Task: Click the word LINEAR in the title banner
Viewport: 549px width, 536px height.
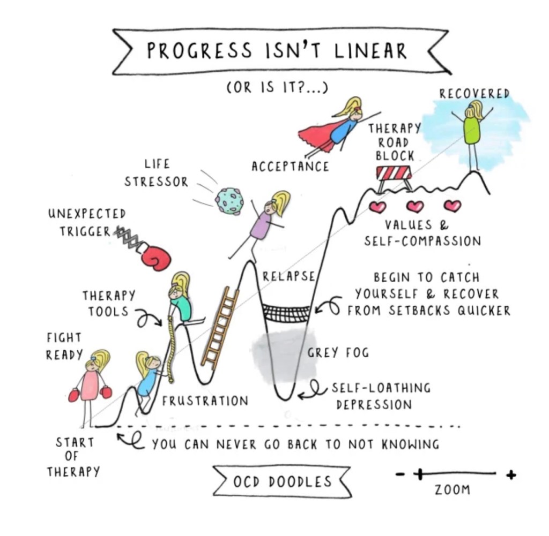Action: pyautogui.click(x=370, y=51)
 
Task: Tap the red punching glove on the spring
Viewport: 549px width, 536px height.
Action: pyautogui.click(x=157, y=258)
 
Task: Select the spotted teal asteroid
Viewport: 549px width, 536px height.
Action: pyautogui.click(x=229, y=201)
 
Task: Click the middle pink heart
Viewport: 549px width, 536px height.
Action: pyautogui.click(x=415, y=206)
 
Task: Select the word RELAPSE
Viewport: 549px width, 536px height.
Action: pyautogui.click(x=289, y=276)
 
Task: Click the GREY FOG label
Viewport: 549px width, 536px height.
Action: pyautogui.click(x=338, y=352)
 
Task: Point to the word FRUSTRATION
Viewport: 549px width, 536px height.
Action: pyautogui.click(x=205, y=401)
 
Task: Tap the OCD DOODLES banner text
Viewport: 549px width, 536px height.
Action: pyautogui.click(x=282, y=481)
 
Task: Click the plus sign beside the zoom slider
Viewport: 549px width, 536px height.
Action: pyautogui.click(x=511, y=475)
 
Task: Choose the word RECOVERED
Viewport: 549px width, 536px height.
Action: pyautogui.click(x=474, y=94)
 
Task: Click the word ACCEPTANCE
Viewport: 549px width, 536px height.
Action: pyautogui.click(x=290, y=167)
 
